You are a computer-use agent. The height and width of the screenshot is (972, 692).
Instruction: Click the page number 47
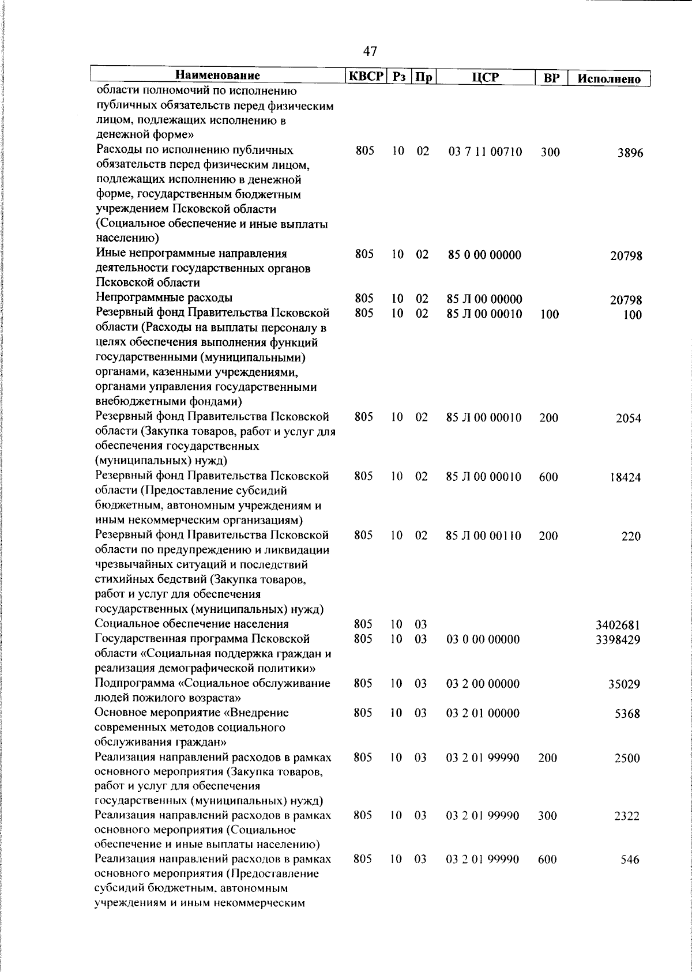(370, 52)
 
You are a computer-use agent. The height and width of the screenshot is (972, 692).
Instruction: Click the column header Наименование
(217, 76)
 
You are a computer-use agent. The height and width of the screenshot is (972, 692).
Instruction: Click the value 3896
(629, 153)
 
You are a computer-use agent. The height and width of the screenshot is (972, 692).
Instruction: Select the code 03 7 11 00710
(485, 152)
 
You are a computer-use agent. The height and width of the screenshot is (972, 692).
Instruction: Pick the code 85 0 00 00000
(484, 255)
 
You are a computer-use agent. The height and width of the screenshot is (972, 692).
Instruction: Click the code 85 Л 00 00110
(483, 536)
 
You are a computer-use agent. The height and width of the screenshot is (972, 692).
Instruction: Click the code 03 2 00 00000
(483, 684)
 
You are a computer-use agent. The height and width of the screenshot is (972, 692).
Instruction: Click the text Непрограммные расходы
(164, 298)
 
